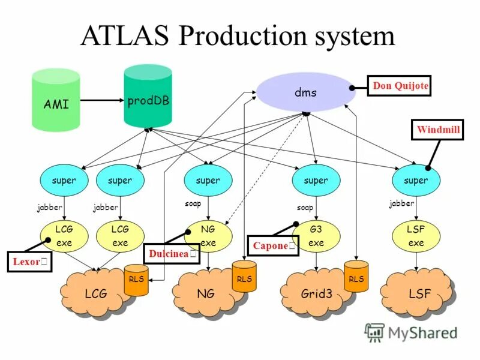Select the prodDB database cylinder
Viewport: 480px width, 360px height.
[x=148, y=98]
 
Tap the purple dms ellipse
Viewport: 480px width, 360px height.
[x=305, y=93]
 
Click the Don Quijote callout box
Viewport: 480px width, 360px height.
[x=400, y=86]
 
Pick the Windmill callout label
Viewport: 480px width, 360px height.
[x=437, y=130]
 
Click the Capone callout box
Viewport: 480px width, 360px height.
[x=273, y=246]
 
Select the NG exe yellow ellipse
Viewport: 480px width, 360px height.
[x=208, y=236]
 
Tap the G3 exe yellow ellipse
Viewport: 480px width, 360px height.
[x=316, y=236]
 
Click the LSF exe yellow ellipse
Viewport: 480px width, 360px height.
[x=416, y=236]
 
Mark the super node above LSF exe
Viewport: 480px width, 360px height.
[x=416, y=180]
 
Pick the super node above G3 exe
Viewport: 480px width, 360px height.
[x=316, y=180]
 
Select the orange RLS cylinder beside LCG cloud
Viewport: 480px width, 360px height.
[x=136, y=280]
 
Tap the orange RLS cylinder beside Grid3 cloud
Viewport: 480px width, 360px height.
[x=356, y=280]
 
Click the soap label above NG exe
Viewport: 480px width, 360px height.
[x=193, y=204]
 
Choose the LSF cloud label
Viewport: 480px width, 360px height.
[x=419, y=294]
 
